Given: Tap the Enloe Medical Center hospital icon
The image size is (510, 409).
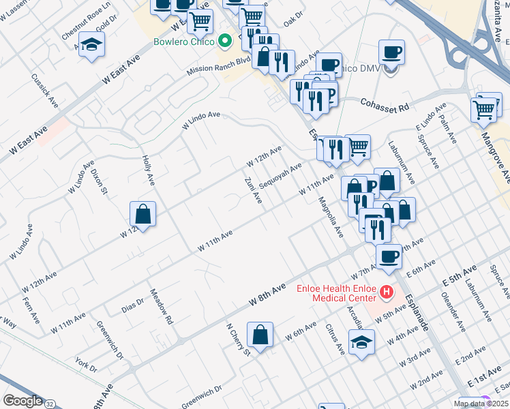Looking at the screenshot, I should [x=386, y=292].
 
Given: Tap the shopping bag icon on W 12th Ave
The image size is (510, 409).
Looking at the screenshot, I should [x=143, y=213].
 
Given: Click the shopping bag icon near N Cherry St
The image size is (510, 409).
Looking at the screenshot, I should [x=260, y=334].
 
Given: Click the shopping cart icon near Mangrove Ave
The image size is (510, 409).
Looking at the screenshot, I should [x=483, y=109].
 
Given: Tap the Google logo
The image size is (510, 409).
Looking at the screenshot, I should [x=22, y=401].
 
